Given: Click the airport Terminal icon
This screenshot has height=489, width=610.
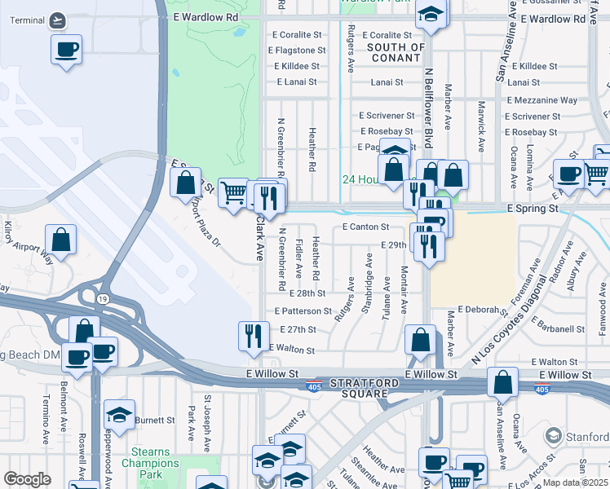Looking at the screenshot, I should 57,20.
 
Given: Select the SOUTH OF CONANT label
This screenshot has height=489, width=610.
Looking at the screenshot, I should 396,52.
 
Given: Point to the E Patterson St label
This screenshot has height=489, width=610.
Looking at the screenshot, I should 303,311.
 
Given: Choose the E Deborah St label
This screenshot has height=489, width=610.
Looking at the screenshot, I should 483,310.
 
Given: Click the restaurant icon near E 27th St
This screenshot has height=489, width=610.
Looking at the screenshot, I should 254,335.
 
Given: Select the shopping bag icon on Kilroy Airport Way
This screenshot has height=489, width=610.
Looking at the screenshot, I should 60,240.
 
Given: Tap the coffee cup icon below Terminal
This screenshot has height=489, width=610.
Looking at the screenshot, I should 66,49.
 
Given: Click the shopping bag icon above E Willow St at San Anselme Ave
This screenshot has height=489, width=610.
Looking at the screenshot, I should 503,381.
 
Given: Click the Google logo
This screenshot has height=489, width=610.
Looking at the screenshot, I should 27,479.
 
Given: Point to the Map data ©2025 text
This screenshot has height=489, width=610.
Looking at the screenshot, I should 575,482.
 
